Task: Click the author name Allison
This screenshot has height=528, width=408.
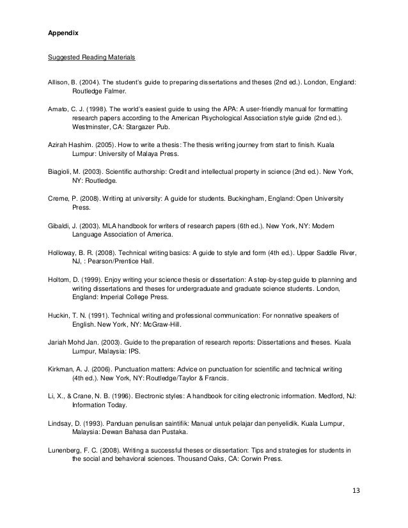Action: [x=59, y=82]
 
